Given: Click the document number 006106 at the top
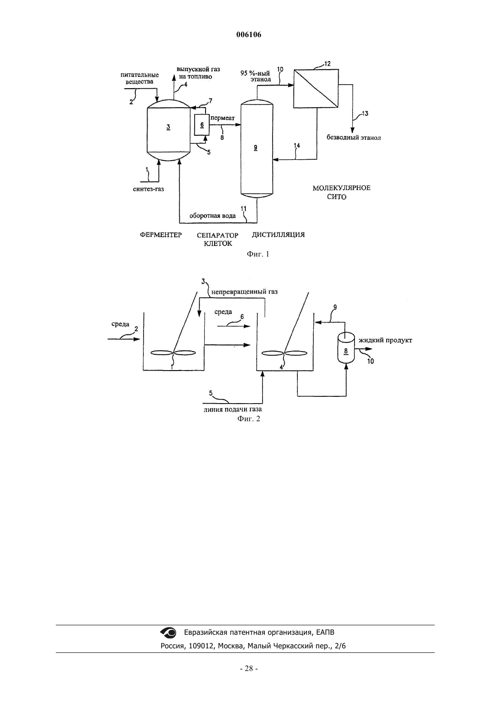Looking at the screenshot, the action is (x=249, y=34).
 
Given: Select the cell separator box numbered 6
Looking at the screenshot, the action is (x=202, y=124).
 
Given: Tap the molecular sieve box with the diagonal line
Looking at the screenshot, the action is (x=316, y=89).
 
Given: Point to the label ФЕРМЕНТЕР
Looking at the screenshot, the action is (x=161, y=235).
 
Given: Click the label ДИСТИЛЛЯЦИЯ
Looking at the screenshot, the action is (x=278, y=234).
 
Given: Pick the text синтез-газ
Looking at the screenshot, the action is (x=148, y=189).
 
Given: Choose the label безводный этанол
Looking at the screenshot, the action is (x=354, y=138).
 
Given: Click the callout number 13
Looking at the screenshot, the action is (x=365, y=114).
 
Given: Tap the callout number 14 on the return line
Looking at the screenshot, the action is (x=297, y=146).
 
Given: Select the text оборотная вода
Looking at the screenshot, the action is (x=212, y=216).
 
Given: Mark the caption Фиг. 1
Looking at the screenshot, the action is (x=258, y=254).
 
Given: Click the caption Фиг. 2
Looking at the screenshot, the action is (x=249, y=419).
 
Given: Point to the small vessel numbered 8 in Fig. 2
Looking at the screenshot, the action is (x=346, y=348).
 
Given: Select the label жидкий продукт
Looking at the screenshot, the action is (x=385, y=340).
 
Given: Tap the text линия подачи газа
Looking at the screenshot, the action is (x=233, y=409).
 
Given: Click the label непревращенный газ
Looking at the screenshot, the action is (x=244, y=292).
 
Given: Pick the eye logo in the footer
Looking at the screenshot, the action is (x=168, y=632).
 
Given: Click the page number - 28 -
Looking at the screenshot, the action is (x=249, y=669).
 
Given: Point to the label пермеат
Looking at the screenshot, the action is (x=223, y=118).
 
